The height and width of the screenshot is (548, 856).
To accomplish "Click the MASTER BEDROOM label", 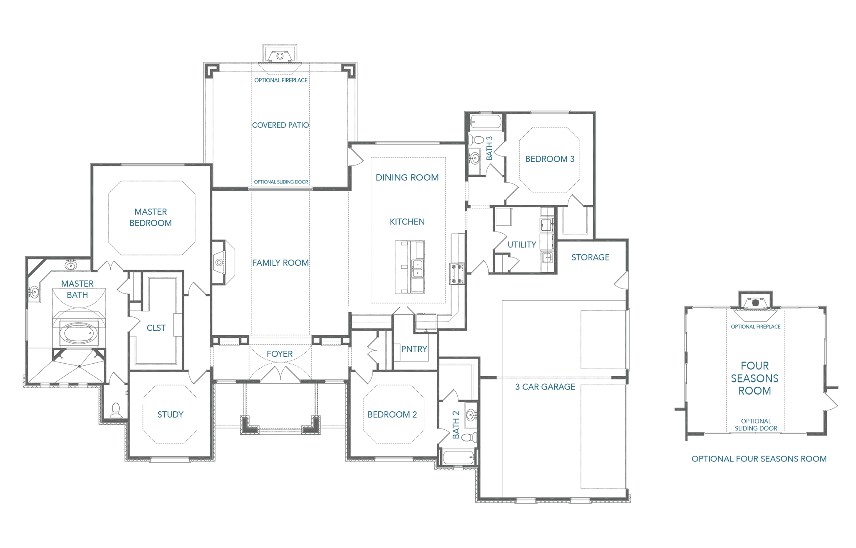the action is click(150, 217).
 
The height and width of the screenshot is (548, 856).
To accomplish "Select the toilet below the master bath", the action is click(116, 411).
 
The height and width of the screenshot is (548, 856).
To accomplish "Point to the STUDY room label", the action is click(170, 415).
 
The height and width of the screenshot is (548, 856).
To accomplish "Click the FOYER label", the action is click(280, 354).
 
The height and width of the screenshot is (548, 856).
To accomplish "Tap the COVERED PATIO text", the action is click(280, 125).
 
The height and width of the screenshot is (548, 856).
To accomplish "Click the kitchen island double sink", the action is click(417, 268).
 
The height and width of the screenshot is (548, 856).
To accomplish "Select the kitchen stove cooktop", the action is click(457, 274).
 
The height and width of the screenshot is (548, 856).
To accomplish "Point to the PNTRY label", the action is click(414, 349).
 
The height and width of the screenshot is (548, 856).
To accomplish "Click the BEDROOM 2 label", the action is click(392, 415).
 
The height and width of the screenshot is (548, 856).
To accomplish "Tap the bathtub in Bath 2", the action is click(458, 457).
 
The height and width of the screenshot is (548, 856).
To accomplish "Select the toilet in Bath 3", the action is click(476, 139).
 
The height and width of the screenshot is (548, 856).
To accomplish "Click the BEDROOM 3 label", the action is click(550, 159).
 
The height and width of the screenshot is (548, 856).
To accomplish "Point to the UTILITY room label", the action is click(522, 245).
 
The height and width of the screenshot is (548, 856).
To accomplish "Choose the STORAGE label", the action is click(590, 257).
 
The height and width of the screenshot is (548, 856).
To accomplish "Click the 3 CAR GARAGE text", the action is click(545, 387).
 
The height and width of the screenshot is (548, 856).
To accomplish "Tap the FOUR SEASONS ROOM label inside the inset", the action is click(755, 378).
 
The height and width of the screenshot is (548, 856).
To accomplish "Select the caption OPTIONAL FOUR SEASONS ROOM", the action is click(759, 459).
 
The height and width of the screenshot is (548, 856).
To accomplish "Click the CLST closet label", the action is click(156, 328).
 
